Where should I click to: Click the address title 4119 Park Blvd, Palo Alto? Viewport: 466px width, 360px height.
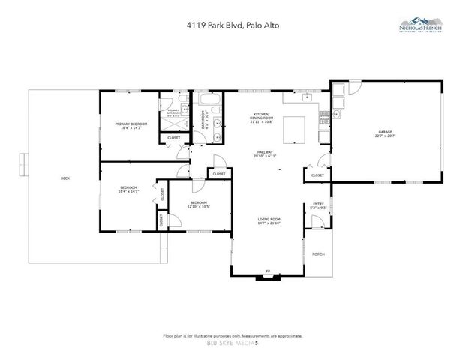click(233, 25)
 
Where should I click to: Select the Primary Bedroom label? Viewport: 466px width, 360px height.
click(131, 125)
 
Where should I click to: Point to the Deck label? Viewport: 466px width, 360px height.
click(65, 178)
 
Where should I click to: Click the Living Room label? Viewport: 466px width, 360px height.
click(268, 220)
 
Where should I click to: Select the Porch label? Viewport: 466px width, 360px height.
click(319, 254)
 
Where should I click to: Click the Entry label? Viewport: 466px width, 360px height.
click(319, 205)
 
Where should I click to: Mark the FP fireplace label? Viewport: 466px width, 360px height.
click(266, 271)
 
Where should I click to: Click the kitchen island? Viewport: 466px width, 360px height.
click(294, 129)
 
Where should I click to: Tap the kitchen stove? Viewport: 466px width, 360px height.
click(324, 118)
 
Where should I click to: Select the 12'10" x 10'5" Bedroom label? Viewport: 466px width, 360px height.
click(199, 204)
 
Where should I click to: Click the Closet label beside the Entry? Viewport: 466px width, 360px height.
click(317, 175)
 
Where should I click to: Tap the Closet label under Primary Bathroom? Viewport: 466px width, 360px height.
click(173, 138)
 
